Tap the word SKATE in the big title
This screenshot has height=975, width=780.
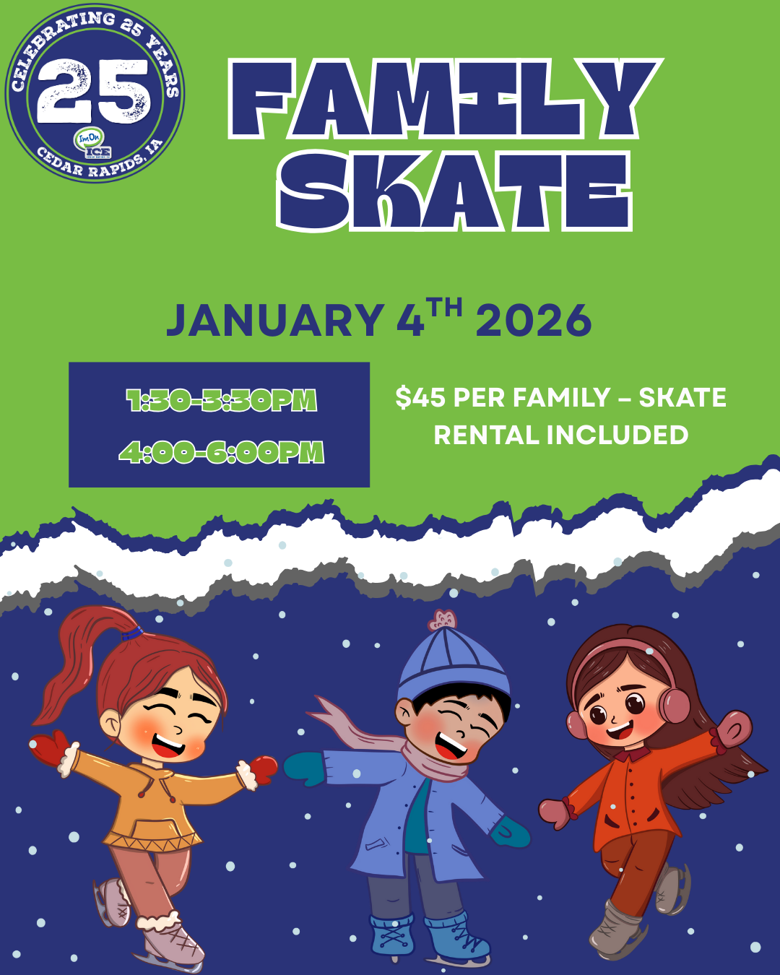coord(454,191)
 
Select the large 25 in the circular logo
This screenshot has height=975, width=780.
coord(95,92)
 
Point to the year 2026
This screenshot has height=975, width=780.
coord(534,321)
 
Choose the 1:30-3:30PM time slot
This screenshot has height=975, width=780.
coord(221,400)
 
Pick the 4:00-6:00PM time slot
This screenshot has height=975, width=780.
coord(221,453)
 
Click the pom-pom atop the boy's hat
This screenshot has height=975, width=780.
coord(443,620)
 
